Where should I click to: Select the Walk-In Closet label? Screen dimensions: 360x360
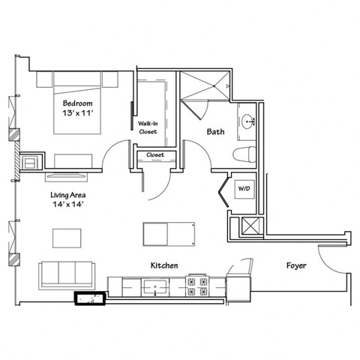click(147, 127)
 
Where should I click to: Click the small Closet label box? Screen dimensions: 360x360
click(155, 155)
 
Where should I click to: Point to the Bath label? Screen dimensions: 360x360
click(215, 131)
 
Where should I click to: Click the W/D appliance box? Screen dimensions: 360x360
click(244, 188)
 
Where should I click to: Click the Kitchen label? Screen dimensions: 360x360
click(164, 265)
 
